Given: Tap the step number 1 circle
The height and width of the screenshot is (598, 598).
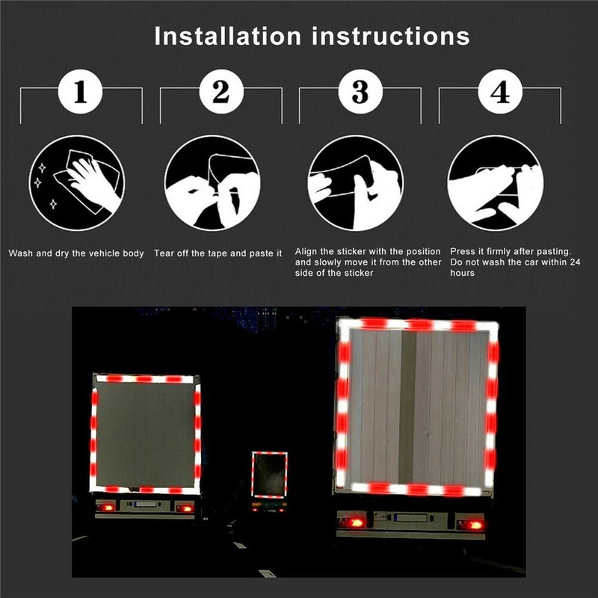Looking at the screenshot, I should [81, 93].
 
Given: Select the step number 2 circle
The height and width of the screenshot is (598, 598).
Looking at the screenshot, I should [221, 93].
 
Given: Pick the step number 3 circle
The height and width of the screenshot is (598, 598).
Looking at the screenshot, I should [360, 93].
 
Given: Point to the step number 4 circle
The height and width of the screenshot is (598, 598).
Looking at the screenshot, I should [499, 93].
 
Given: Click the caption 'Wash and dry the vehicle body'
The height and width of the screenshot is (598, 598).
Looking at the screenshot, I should [76, 253].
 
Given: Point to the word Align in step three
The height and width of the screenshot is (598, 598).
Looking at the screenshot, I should [307, 251].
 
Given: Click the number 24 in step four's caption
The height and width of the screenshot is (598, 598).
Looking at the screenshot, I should [575, 262].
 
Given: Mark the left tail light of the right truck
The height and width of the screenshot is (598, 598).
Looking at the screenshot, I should [351, 523].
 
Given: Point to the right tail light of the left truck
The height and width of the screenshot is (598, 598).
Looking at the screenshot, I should [184, 508].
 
